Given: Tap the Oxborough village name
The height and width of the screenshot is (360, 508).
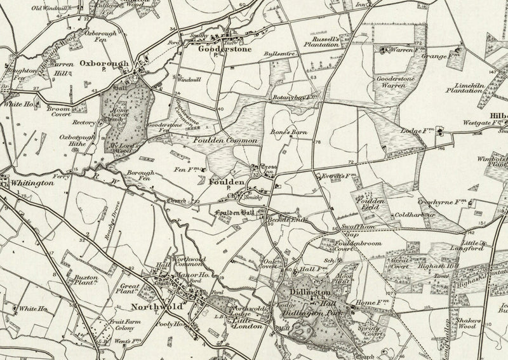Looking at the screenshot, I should click(x=105, y=63).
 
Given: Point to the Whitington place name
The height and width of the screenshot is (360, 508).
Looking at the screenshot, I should click(x=32, y=183).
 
